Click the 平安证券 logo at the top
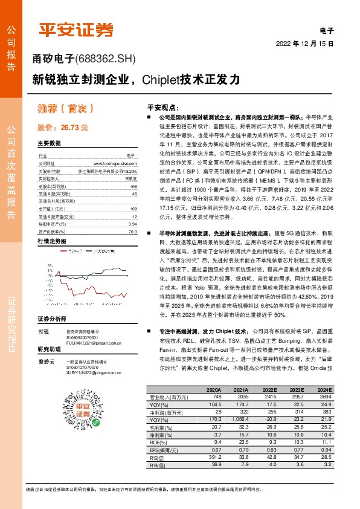pos(76,30)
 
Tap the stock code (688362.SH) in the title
pos(106,59)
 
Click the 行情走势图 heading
pos(51,224)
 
